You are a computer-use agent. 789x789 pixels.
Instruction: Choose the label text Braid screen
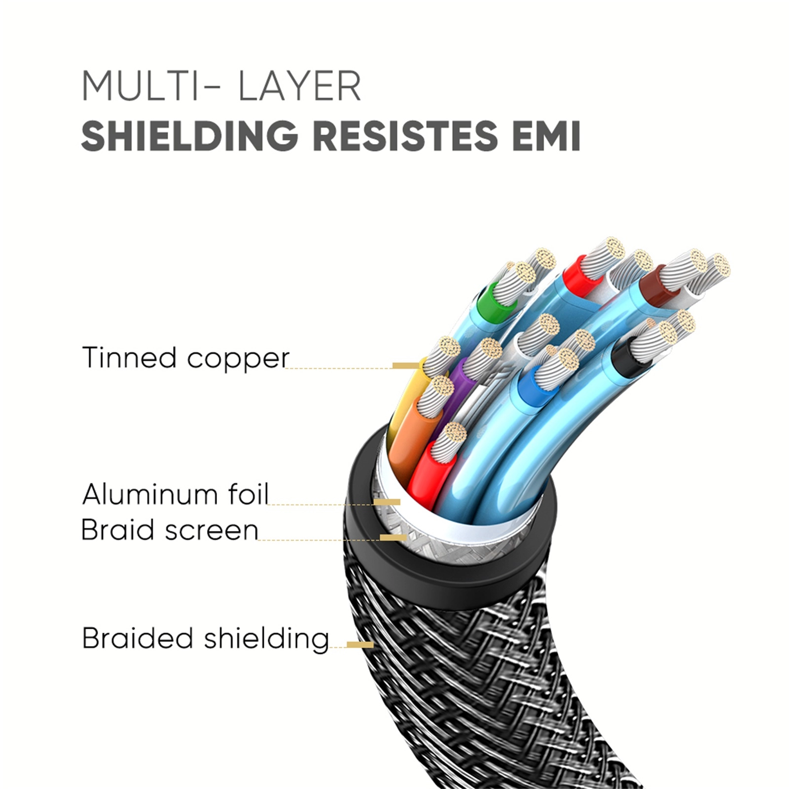(x=170, y=530)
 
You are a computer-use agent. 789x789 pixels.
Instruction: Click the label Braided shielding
(x=205, y=638)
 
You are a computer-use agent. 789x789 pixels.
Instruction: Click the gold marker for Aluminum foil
(x=387, y=502)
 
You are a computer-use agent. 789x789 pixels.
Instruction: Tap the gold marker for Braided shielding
(x=360, y=645)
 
